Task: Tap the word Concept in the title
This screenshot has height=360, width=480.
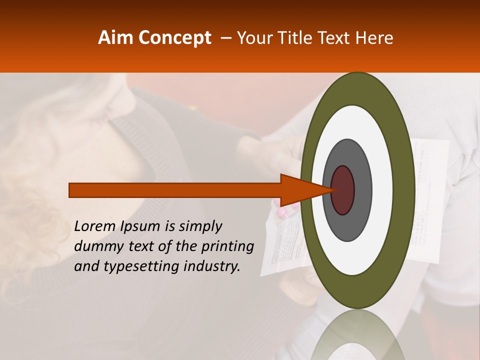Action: coord(174,38)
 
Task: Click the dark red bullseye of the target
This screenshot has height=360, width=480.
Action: coord(343,190)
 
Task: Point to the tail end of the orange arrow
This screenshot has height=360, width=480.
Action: coord(70,190)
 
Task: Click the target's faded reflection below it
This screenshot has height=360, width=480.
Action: coord(357,335)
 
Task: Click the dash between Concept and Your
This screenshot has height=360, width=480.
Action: coord(225,38)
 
